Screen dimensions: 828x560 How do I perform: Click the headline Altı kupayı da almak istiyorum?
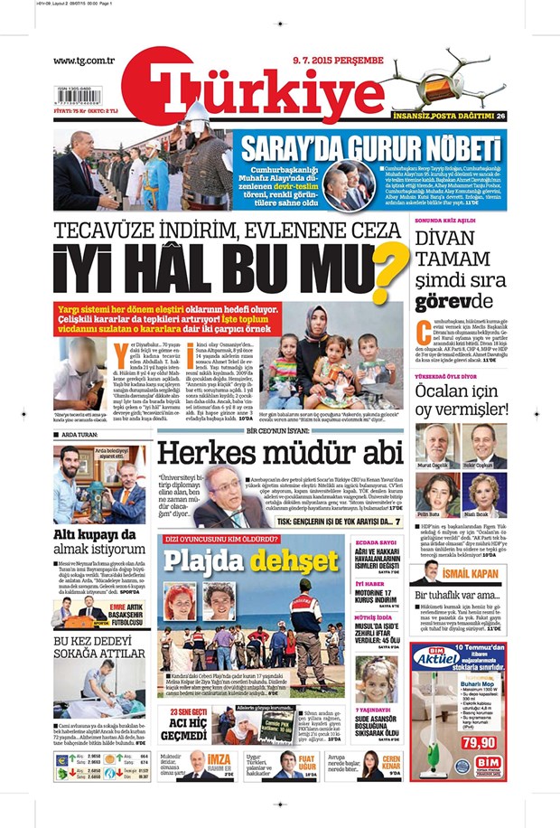99,541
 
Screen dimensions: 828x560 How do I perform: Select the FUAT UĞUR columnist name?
307,764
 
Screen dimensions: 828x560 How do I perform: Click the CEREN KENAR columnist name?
390,764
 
